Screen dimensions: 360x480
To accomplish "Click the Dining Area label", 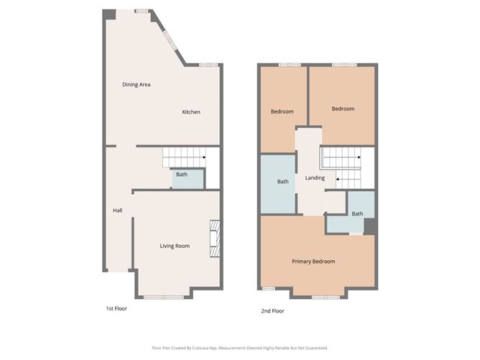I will (136, 85).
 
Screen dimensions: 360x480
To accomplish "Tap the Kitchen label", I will (190, 112).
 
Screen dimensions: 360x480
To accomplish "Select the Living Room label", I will (175, 246).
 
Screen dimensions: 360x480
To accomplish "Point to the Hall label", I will (117, 211).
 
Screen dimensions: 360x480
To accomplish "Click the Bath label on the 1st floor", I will (182, 175).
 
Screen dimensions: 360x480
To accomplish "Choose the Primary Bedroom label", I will (313, 262).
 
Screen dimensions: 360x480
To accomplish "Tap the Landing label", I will (315, 178).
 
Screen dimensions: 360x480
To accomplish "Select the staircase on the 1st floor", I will (183, 157).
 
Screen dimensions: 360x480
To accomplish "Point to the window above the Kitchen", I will (208, 65).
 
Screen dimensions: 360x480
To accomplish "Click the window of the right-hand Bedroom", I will (343, 65).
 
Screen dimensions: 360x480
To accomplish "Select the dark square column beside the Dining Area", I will (109, 14).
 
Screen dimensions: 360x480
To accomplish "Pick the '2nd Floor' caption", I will (272, 311).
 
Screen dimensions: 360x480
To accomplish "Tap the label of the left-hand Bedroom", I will (282, 111).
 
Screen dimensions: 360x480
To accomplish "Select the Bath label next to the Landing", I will (282, 182).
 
